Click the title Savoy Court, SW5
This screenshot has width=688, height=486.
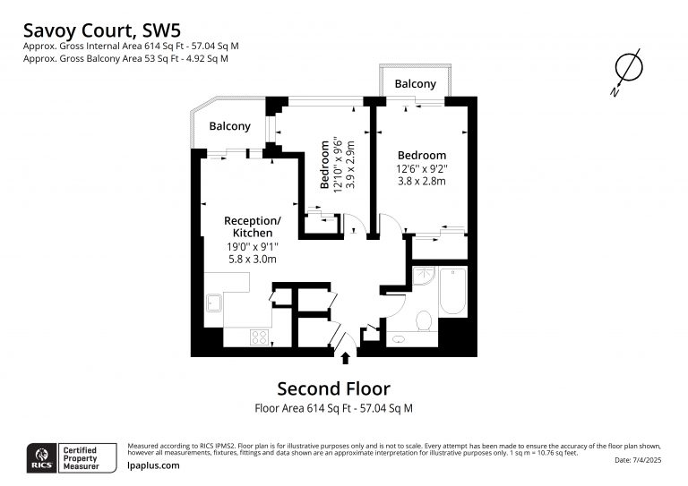point(102,30)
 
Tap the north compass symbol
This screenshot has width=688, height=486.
point(627,71)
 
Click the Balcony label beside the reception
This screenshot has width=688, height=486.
point(230,126)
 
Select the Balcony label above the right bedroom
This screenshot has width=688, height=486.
point(415,84)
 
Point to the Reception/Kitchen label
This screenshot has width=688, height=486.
point(253,226)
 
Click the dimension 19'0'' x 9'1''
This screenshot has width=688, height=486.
point(253,246)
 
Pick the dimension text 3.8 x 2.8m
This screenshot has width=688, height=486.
point(422,181)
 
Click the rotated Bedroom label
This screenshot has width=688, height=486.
point(324,165)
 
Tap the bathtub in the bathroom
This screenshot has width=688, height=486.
point(452,291)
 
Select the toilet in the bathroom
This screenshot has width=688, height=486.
point(425,320)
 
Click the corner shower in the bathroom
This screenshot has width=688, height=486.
point(424,276)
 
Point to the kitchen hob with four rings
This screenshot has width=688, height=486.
point(259,337)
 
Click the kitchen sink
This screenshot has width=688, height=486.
point(214,303)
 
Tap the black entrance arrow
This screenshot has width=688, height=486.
point(346,358)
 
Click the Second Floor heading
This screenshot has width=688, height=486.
point(334,388)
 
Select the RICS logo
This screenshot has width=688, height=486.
point(42,458)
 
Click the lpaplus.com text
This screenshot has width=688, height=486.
point(153,465)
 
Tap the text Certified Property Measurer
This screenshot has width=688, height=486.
point(82,458)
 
